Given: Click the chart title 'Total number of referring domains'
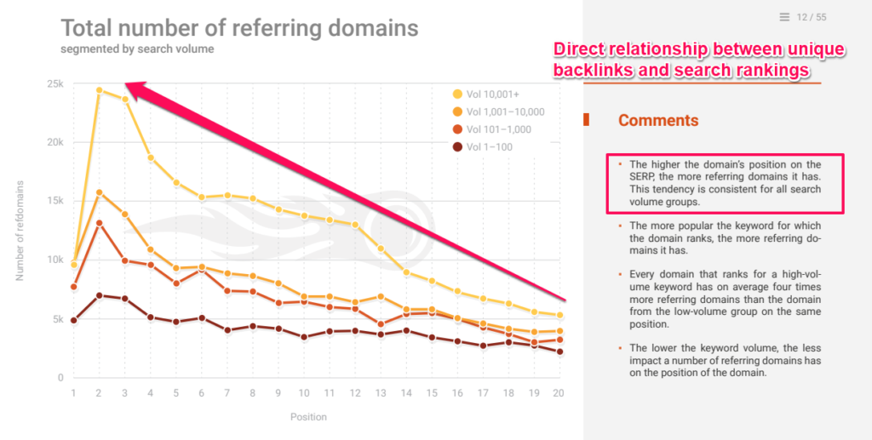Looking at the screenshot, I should pos(239,28).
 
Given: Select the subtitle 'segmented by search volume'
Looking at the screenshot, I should pos(137,49).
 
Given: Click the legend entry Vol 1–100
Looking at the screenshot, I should pos(491,146).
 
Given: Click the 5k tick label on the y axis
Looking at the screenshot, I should pos(57,319).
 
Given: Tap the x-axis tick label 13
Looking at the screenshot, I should pos(381,392).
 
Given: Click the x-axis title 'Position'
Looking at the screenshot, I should pos(308,417).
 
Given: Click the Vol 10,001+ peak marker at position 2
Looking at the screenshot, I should pos(100,90).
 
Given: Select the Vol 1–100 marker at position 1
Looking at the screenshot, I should pos(74,320).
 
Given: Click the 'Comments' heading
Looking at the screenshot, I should pos(658,120).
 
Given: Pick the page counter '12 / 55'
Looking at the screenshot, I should pos(812,17).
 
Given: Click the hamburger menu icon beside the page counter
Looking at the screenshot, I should pos(783,17).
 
